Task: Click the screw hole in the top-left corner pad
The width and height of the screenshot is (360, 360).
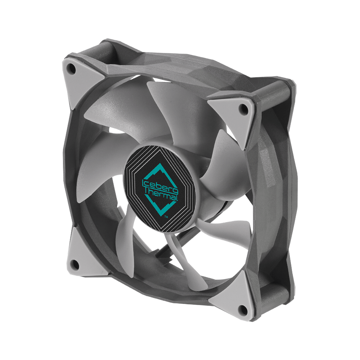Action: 72,68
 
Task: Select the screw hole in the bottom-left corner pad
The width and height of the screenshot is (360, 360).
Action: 75,265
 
